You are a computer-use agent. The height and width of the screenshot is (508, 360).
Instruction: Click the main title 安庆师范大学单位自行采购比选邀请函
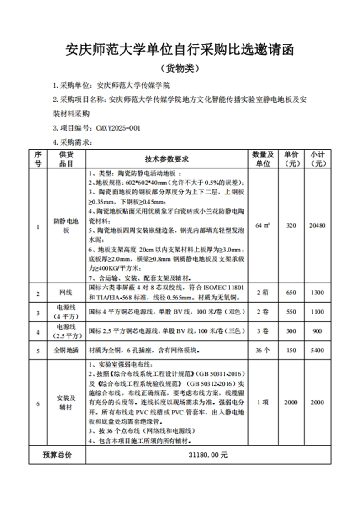pos(180,50)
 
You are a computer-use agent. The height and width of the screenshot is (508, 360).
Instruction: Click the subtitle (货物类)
pos(180,68)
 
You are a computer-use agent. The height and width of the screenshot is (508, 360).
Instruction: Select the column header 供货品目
pos(66,159)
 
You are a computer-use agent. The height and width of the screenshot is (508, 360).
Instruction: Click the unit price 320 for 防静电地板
pos(291,225)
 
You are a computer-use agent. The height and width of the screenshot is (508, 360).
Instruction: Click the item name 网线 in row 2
pos(66,293)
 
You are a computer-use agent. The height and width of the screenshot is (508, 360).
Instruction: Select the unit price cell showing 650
pos(291,293)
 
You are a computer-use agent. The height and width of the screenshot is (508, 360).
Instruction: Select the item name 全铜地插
pos(66,351)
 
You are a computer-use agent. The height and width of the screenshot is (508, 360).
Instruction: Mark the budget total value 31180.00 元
pos(208,455)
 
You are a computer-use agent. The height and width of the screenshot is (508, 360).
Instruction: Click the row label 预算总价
pos(57,455)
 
